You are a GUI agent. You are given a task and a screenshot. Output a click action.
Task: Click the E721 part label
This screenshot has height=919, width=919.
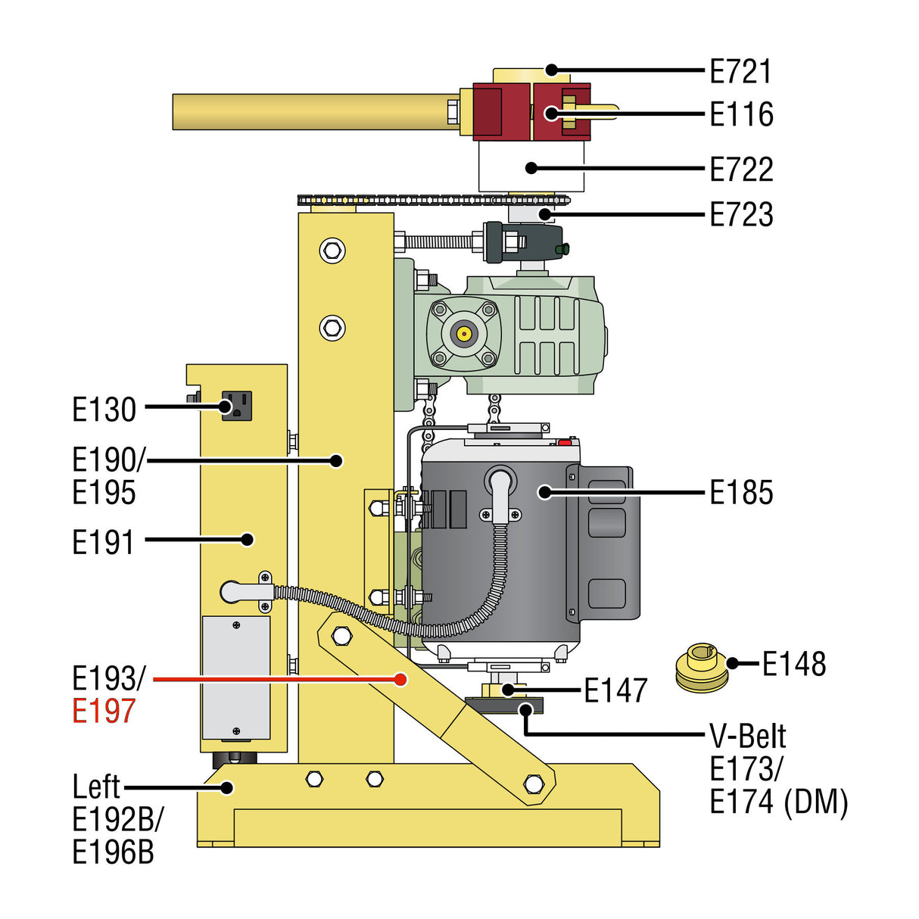pyautogui.click(x=741, y=71)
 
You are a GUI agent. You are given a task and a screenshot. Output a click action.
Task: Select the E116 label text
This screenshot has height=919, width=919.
pyautogui.click(x=741, y=114)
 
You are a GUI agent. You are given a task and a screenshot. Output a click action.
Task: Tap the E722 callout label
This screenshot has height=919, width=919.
pyautogui.click(x=741, y=169)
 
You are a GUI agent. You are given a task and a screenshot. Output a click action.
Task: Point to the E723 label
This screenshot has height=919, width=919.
pyautogui.click(x=741, y=214)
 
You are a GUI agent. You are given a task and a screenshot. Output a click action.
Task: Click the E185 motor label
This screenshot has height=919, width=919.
pyautogui.click(x=741, y=493)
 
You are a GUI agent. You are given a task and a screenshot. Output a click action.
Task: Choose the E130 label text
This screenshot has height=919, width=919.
pyautogui.click(x=104, y=410)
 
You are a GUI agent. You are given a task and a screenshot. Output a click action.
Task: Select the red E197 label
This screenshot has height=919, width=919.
pyautogui.click(x=104, y=711)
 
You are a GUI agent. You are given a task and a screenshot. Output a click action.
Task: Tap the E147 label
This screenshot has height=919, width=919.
pyautogui.click(x=615, y=690)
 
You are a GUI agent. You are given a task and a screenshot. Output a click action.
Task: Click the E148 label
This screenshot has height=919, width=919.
pyautogui.click(x=793, y=664)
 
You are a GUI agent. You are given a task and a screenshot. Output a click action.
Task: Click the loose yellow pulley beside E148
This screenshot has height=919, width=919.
pyautogui.click(x=699, y=668)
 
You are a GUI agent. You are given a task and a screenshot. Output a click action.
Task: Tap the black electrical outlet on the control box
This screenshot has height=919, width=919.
pyautogui.click(x=236, y=407)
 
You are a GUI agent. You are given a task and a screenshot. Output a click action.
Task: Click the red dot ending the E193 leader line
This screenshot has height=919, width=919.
pyautogui.click(x=400, y=680)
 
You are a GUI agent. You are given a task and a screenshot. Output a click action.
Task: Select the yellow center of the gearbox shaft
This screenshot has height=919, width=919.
pyautogui.click(x=463, y=332)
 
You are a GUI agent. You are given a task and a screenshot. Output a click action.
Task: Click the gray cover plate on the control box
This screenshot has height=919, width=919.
pyautogui.click(x=236, y=678)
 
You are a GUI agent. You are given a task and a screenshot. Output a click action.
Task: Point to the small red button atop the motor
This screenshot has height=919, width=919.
pyautogui.click(x=564, y=441)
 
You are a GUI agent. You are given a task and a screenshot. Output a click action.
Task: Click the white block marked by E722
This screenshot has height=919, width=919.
pyautogui.click(x=531, y=167)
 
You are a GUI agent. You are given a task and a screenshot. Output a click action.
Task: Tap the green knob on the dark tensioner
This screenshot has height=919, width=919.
pyautogui.click(x=562, y=249)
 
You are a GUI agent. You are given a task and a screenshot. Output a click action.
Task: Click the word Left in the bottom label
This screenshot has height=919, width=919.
pyautogui.click(x=96, y=787)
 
